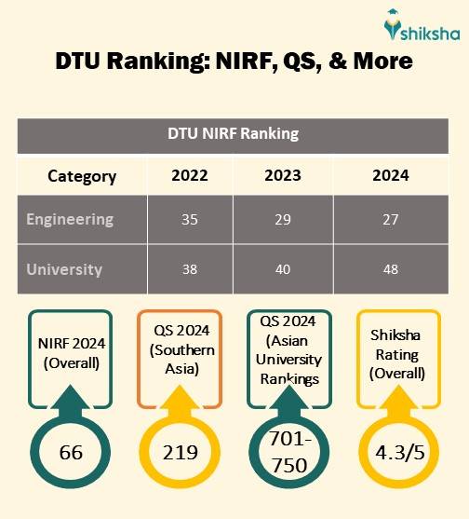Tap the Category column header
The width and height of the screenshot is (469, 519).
[x=82, y=175]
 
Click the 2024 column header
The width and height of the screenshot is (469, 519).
[x=390, y=175]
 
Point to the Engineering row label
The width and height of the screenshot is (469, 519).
[x=70, y=220]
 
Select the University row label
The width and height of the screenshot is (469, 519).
[x=64, y=269]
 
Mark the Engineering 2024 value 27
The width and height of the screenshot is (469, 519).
[x=390, y=220]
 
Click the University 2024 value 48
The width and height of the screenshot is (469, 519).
[x=390, y=269]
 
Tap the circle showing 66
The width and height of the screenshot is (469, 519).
[x=71, y=453]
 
